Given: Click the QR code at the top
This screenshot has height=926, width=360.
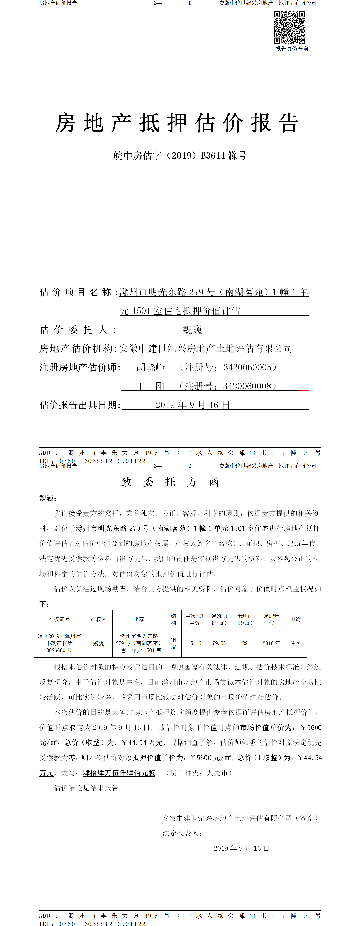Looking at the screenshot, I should point(289,27).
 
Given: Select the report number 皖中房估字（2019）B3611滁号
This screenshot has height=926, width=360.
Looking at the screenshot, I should point(180,156).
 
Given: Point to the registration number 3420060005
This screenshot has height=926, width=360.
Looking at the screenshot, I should point(247,367).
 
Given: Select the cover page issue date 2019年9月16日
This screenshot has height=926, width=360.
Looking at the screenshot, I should point(192,405).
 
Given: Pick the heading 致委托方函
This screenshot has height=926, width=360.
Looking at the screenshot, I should point(170,482).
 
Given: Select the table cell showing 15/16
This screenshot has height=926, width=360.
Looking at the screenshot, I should point(194,643).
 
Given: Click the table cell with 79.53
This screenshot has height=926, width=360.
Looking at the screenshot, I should point(219,643).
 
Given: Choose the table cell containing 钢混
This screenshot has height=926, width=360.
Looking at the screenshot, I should point(173,643).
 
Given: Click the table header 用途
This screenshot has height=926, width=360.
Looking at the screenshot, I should point(295,619).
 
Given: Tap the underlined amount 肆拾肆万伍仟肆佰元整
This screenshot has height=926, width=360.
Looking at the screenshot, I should point(119,773).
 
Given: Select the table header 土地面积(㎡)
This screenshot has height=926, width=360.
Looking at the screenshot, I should point(245,619).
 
